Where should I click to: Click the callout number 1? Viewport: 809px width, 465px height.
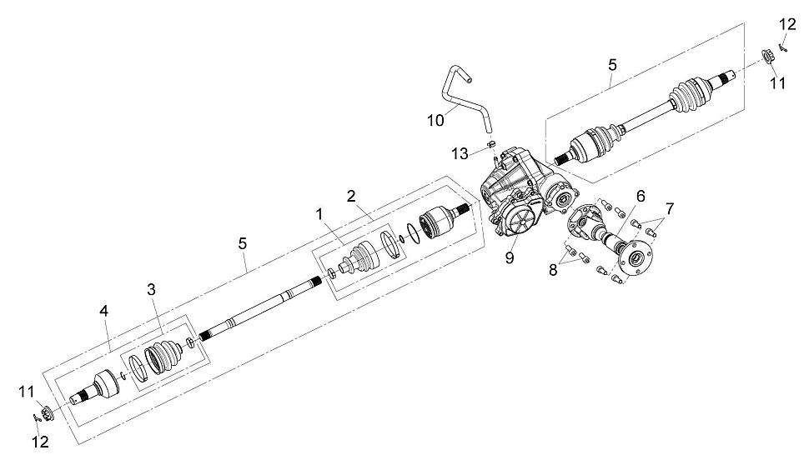(x=319, y=213)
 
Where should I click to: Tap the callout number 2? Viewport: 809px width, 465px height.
(x=351, y=196)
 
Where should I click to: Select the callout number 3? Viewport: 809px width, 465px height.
(x=151, y=290)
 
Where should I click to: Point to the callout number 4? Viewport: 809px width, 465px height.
(x=104, y=311)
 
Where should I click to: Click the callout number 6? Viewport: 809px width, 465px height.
(x=641, y=197)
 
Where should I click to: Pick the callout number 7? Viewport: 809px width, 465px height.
(x=669, y=209)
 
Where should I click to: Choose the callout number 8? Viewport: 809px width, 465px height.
(x=553, y=270)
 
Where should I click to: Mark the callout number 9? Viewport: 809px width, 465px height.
(x=510, y=257)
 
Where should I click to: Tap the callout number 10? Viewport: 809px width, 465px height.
(x=435, y=121)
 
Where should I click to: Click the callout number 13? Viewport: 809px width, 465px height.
(x=460, y=153)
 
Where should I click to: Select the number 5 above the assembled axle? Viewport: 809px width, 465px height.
(x=612, y=65)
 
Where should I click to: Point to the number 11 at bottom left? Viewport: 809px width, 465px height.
(x=27, y=392)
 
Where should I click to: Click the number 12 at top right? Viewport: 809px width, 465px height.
(x=787, y=24)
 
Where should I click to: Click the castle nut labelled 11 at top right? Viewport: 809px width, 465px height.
(x=767, y=56)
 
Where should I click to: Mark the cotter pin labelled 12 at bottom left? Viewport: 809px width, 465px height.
(x=36, y=417)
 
